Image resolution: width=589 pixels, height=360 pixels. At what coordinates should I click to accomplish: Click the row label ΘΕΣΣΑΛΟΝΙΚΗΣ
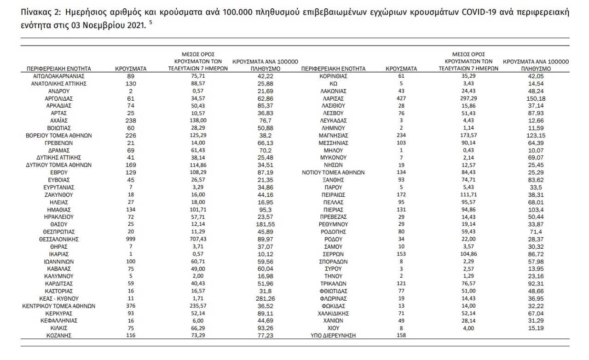pos(59,239)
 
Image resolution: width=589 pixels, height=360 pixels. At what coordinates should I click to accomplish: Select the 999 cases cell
pos(131,239)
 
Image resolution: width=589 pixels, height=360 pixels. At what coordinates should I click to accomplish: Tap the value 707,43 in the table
pos(197,239)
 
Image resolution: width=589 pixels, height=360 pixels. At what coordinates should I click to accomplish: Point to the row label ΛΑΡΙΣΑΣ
pos(333,98)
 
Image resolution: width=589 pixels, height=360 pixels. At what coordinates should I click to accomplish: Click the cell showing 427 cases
pos(401,98)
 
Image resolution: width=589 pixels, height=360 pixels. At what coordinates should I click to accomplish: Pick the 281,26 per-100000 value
pos(265,297)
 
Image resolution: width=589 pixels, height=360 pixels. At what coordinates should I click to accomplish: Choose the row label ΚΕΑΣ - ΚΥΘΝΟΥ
pos(59,297)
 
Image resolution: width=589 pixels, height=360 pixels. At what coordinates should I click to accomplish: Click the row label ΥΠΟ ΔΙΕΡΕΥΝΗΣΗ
pos(333,335)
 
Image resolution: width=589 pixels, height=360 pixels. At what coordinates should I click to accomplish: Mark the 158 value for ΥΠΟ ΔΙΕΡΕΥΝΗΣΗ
pos(401,335)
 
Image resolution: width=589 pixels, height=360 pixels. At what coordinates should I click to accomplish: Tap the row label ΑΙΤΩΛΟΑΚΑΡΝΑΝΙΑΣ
pos(59,76)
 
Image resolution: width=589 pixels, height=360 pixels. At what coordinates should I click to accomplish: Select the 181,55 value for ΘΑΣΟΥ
pos(265,224)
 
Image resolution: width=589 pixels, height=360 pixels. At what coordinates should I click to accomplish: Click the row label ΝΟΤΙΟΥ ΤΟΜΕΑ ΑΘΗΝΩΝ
pos(333,172)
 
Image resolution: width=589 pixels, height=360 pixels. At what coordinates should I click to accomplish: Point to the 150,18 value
pos(536,98)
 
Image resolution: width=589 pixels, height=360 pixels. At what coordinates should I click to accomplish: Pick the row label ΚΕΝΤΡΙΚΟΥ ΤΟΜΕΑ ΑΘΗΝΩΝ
pos(59,305)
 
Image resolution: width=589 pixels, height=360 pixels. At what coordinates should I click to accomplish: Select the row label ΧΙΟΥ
pos(333,327)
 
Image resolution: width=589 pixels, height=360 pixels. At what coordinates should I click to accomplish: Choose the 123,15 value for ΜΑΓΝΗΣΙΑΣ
pos(536,135)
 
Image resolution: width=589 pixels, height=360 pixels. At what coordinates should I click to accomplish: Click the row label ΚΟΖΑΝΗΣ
pos(59,335)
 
